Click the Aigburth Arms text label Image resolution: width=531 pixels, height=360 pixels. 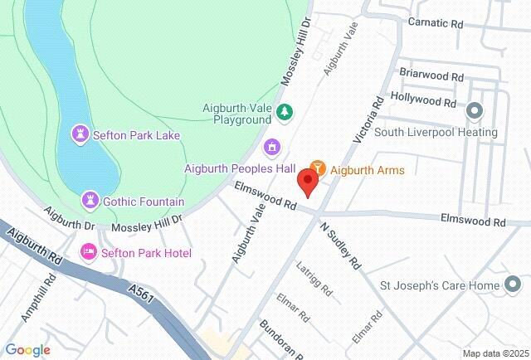pyautogui.click(x=368, y=170)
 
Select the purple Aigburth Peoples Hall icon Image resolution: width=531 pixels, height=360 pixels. pyautogui.click(x=270, y=148)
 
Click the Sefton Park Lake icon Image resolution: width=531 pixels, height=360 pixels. pyautogui.click(x=80, y=134)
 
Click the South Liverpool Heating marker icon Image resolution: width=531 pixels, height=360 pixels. pyautogui.click(x=475, y=109)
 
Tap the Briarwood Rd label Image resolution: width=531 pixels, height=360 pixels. pyautogui.click(x=431, y=75)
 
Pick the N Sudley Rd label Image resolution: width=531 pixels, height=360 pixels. pyautogui.click(x=340, y=245)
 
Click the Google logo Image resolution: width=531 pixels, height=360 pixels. pyautogui.click(x=27, y=350)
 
